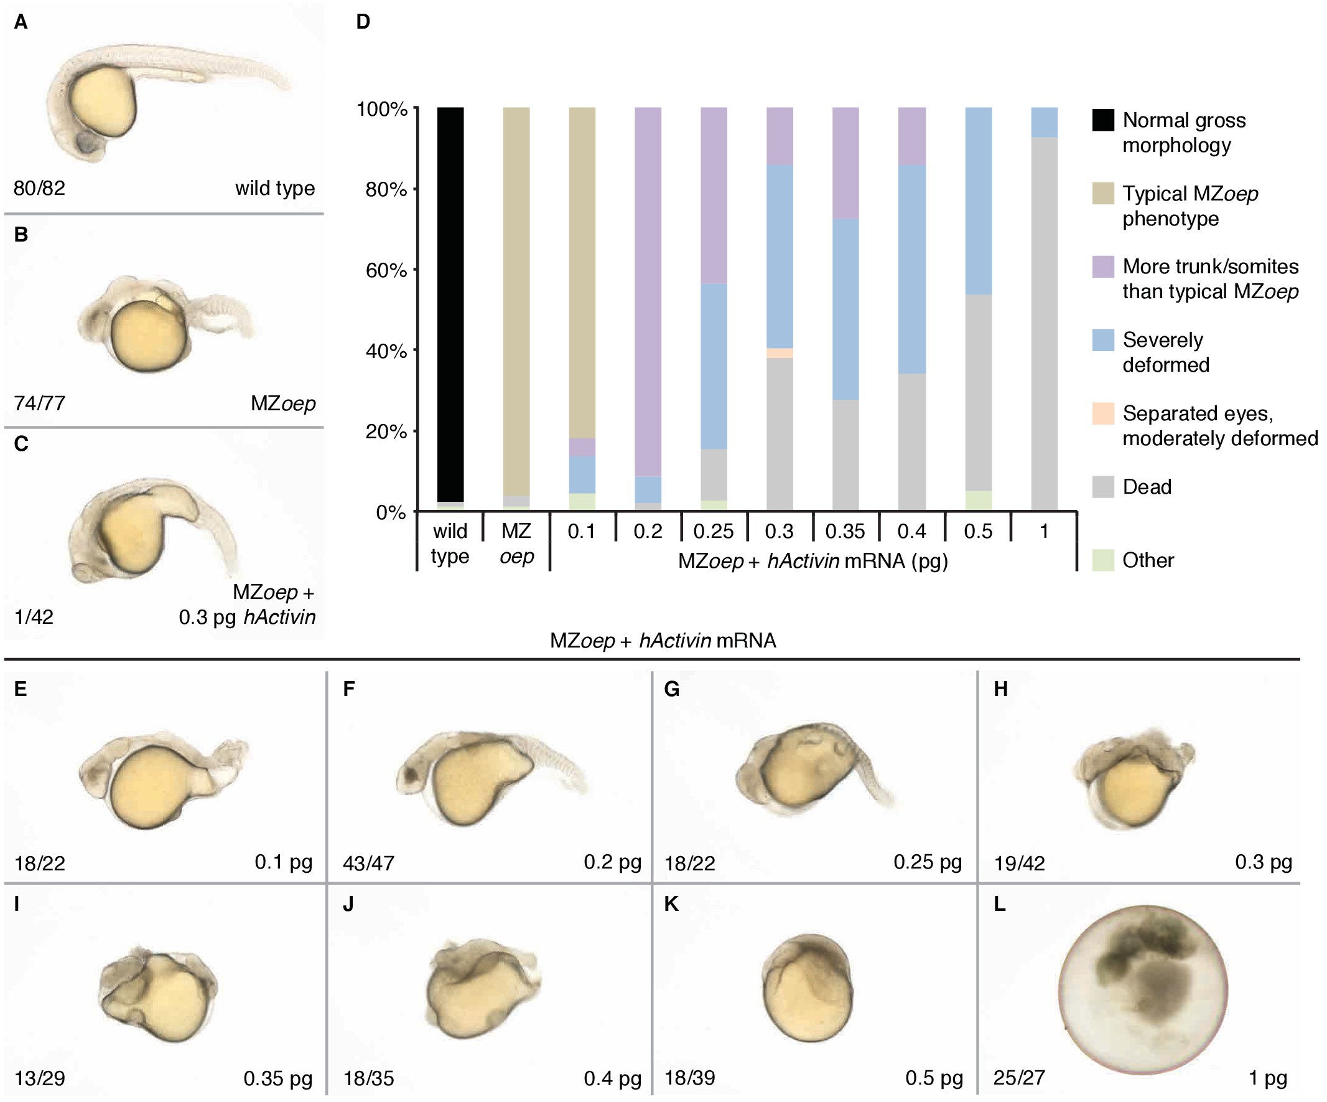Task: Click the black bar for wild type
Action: pyautogui.click(x=450, y=303)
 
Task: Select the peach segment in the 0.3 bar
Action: pyautogui.click(x=779, y=354)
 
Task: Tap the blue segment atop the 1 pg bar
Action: pyautogui.click(x=1044, y=122)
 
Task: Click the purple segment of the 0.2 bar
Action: pyautogui.click(x=648, y=291)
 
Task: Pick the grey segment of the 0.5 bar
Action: pyautogui.click(x=978, y=392)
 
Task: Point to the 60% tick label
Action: pyautogui.click(x=386, y=271)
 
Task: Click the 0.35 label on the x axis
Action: pyautogui.click(x=845, y=531)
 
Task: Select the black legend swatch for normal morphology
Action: pyautogui.click(x=1102, y=120)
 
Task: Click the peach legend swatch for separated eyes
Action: pyautogui.click(x=1102, y=413)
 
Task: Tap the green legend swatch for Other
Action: pyautogui.click(x=1102, y=560)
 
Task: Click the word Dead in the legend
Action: pyautogui.click(x=1147, y=487)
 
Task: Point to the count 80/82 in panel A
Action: pyautogui.click(x=39, y=189)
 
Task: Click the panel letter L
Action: pyautogui.click(x=999, y=905)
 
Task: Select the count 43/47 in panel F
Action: pyautogui.click(x=368, y=863)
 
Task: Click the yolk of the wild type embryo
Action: pyautogui.click(x=103, y=101)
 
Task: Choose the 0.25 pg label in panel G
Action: pyautogui.click(x=927, y=862)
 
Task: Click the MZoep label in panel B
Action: pyautogui.click(x=283, y=403)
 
